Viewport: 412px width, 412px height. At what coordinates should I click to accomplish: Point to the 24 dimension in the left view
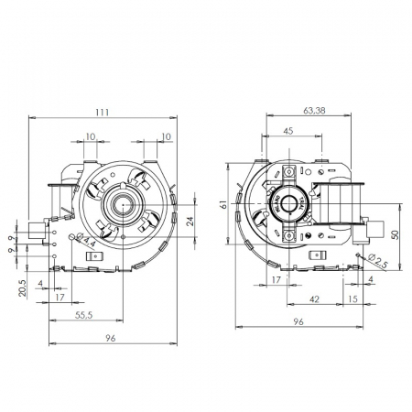coord(190,219)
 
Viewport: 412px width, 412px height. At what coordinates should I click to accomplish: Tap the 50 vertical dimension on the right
coord(395,233)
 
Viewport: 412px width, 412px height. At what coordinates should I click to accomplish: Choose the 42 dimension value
coord(313,298)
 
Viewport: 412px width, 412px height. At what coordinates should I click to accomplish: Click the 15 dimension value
coord(352,298)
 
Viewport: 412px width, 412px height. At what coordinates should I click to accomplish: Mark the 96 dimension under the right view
coord(298,321)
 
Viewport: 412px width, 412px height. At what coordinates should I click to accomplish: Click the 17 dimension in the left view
coord(59,298)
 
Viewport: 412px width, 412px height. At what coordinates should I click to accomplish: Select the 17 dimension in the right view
coord(275,279)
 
